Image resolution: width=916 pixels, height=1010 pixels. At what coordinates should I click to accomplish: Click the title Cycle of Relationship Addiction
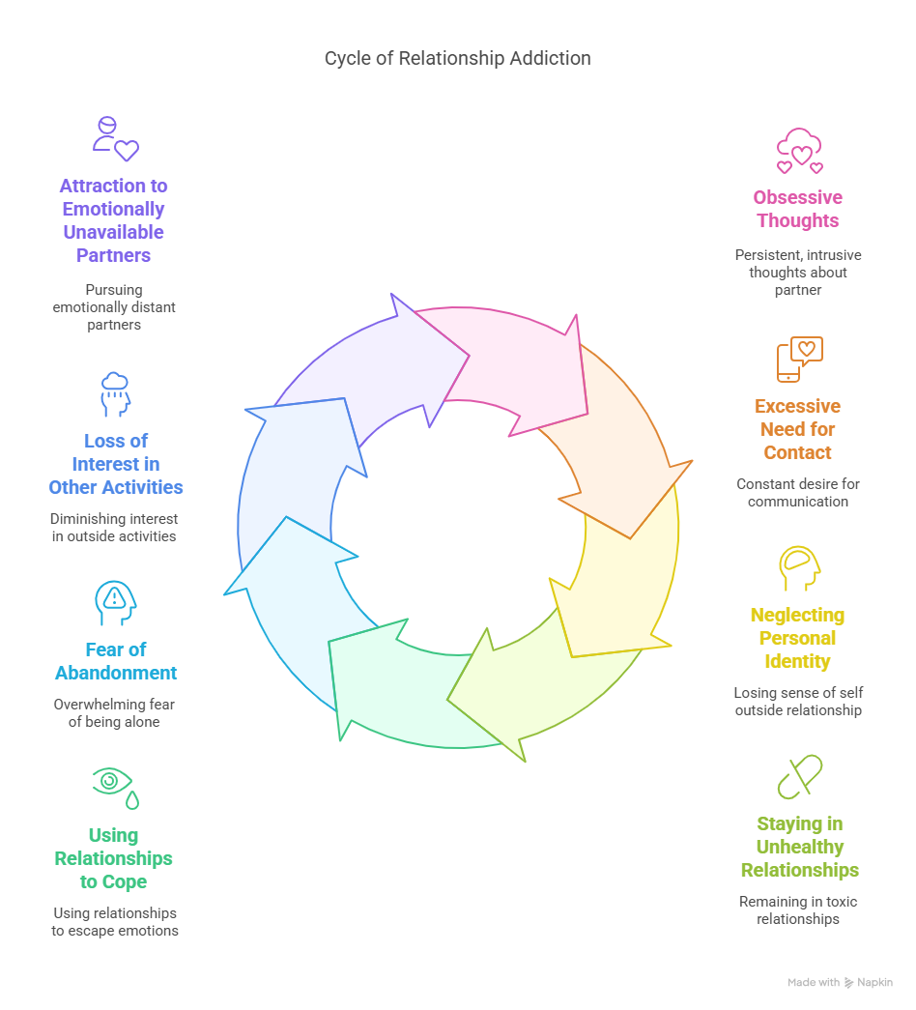pos(457,59)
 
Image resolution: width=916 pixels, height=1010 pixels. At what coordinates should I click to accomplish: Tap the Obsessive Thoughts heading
pos(797,209)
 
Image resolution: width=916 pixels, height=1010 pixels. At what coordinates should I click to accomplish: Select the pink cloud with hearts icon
pos(799,151)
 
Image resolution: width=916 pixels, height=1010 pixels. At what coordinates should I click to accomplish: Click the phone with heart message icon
pos(799,359)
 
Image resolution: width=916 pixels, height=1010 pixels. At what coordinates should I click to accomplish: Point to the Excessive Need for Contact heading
pos(797,429)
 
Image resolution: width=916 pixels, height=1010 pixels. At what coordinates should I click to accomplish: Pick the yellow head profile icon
pos(799,568)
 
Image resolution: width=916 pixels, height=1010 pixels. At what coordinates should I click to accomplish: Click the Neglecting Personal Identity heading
pos(797,638)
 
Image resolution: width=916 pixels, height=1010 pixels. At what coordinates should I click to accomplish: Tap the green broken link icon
pos(799,777)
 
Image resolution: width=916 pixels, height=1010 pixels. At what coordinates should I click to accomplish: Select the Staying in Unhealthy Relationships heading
pos(799,847)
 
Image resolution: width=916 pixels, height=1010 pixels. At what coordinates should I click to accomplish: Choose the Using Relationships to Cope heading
pos(113,858)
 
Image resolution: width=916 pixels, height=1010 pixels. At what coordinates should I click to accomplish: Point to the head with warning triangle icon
pos(115,603)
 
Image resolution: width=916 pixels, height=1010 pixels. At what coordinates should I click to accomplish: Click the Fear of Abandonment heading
pos(116,661)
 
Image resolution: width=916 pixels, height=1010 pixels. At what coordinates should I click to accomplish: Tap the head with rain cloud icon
pos(115,394)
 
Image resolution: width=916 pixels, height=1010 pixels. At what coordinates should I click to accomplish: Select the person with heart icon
pos(115,139)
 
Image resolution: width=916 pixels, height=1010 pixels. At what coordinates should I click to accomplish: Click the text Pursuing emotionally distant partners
pos(114,307)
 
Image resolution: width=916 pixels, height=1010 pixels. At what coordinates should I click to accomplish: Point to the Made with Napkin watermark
pos(840,982)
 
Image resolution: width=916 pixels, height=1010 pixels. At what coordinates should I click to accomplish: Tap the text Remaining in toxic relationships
pos(798,910)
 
